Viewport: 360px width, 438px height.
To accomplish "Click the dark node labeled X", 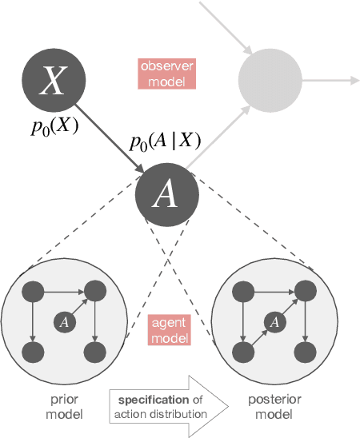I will [53, 80].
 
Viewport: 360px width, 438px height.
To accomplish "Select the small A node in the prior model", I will [65, 321].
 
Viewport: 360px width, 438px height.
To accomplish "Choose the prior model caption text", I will [65, 406].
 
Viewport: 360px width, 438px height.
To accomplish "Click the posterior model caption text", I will [274, 406].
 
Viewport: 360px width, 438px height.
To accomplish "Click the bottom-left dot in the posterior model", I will [243, 352].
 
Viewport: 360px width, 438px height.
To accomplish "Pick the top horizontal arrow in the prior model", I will [65, 291].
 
